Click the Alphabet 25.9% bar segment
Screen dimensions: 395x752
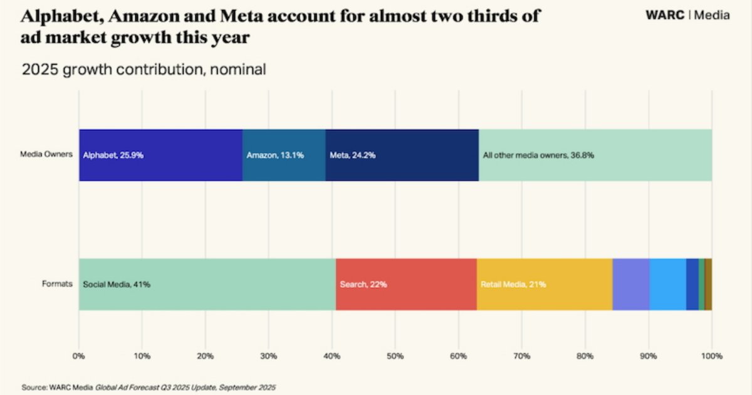tap(160, 155)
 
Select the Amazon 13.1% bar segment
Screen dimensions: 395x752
tap(284, 155)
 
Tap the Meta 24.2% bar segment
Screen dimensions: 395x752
tap(402, 155)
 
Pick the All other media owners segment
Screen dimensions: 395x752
tap(595, 155)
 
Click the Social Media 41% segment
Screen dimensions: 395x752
tap(207, 284)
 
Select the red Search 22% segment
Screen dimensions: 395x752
tap(406, 284)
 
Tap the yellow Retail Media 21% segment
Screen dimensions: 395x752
tap(544, 284)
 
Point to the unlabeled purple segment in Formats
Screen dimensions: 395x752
tap(630, 284)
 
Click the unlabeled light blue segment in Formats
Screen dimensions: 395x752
tap(667, 284)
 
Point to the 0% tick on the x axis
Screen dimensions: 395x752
tap(78, 356)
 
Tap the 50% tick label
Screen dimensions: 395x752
tap(395, 356)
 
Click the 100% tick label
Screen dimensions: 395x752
tap(711, 356)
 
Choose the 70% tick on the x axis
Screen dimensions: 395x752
tap(521, 356)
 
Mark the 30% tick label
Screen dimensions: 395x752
tap(268, 356)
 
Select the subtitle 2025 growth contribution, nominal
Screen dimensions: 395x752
tap(144, 69)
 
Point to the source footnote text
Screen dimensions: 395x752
tap(149, 387)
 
